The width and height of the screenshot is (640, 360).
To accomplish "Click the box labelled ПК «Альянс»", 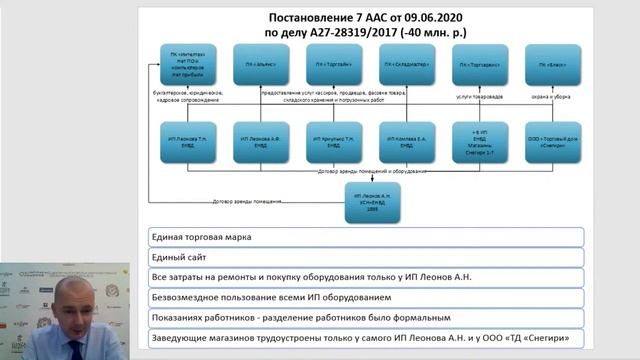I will [x=261, y=64].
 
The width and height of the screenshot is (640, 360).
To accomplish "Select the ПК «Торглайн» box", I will [x=334, y=64].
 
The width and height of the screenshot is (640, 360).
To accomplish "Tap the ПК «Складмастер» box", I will [x=407, y=64].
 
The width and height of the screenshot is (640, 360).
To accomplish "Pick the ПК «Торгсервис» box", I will [x=479, y=64].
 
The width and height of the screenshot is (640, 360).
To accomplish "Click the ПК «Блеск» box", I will [x=552, y=64].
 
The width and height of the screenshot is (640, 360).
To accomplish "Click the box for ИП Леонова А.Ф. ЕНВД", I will [x=261, y=141].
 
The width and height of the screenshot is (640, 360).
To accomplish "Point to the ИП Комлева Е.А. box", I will [x=407, y=141].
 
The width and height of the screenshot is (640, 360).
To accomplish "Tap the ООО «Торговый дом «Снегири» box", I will [x=552, y=141].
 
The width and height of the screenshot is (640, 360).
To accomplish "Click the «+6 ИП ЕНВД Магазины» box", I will [x=479, y=141].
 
